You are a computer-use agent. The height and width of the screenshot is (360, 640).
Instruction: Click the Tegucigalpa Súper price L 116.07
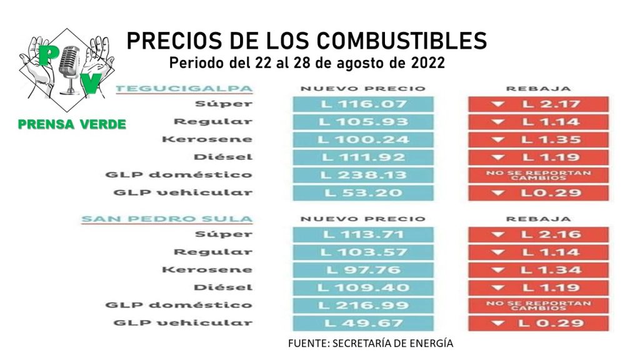coord(362,104)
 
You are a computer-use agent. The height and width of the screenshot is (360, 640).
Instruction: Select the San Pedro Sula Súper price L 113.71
coord(362,234)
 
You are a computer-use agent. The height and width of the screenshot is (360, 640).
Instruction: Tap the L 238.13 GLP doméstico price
coord(362,175)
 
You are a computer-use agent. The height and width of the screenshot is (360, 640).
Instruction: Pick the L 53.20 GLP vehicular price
coord(362,192)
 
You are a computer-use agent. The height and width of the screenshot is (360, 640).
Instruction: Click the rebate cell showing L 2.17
coord(538,104)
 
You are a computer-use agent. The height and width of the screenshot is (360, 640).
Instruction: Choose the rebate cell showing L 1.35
coord(538,139)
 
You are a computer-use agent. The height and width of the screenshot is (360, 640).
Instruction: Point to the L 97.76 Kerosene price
coord(362,270)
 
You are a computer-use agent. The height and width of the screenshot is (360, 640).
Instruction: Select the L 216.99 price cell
coord(362,306)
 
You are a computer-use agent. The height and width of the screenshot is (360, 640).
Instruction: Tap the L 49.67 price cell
coord(362,323)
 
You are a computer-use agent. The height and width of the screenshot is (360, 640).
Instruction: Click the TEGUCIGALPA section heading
coord(184,88)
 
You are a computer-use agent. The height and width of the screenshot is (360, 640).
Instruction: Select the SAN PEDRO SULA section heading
coord(167,219)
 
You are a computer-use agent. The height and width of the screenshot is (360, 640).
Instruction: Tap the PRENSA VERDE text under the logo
coord(72,124)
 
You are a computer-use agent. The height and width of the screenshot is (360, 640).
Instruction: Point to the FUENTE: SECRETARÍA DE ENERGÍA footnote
coord(371,343)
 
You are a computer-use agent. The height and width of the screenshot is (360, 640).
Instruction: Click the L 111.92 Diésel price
coord(362,157)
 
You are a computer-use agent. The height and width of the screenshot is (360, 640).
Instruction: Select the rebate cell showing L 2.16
coord(538,234)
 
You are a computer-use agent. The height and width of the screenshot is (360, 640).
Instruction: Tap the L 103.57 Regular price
coord(362,252)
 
